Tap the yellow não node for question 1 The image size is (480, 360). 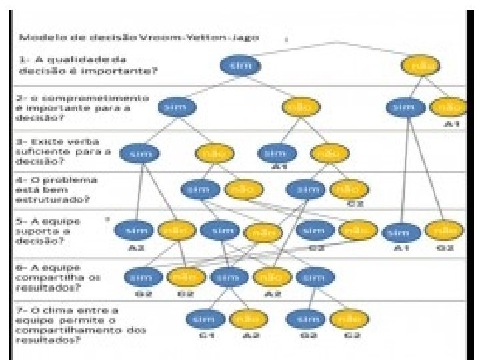pyautogui.click(x=420, y=65)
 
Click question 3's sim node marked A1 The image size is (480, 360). pyautogui.click(x=278, y=154)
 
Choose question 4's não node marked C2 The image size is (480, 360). pyautogui.click(x=349, y=190)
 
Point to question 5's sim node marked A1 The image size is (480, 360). pyautogui.click(x=400, y=233)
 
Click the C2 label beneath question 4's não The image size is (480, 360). pyautogui.click(x=358, y=203)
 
